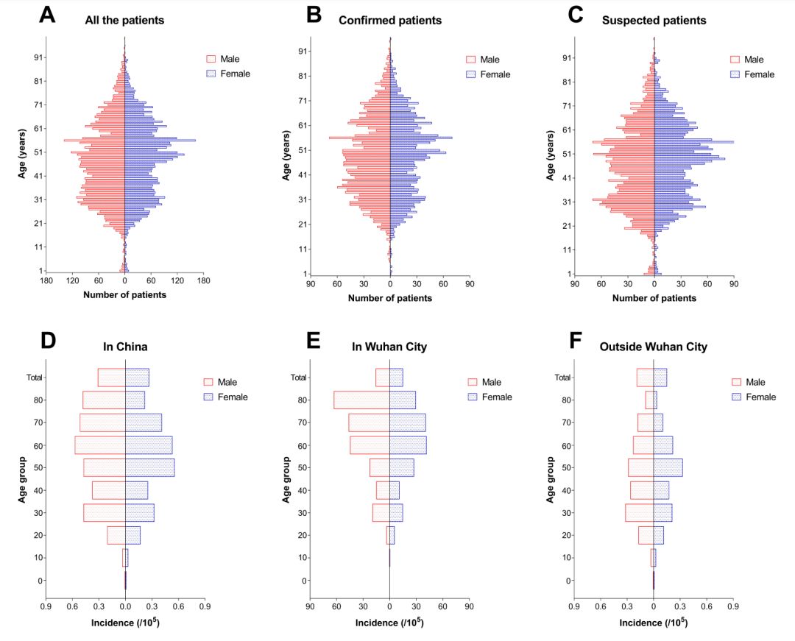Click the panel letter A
coord(48,15)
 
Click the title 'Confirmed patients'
coord(390,21)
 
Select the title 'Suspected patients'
coord(654,21)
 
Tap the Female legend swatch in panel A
coord(212,74)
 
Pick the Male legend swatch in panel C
coord(735,60)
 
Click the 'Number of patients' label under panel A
coord(124,295)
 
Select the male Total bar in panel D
coord(111,378)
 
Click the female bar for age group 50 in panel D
coord(149,467)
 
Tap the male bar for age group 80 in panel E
coord(361,400)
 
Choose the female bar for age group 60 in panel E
coord(408,445)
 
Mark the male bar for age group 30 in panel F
coord(639,512)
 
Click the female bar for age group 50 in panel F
coord(668,467)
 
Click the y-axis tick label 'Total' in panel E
coord(298,378)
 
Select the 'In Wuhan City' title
coord(389,346)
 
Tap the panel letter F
coord(576,341)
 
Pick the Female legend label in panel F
coord(760,397)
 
